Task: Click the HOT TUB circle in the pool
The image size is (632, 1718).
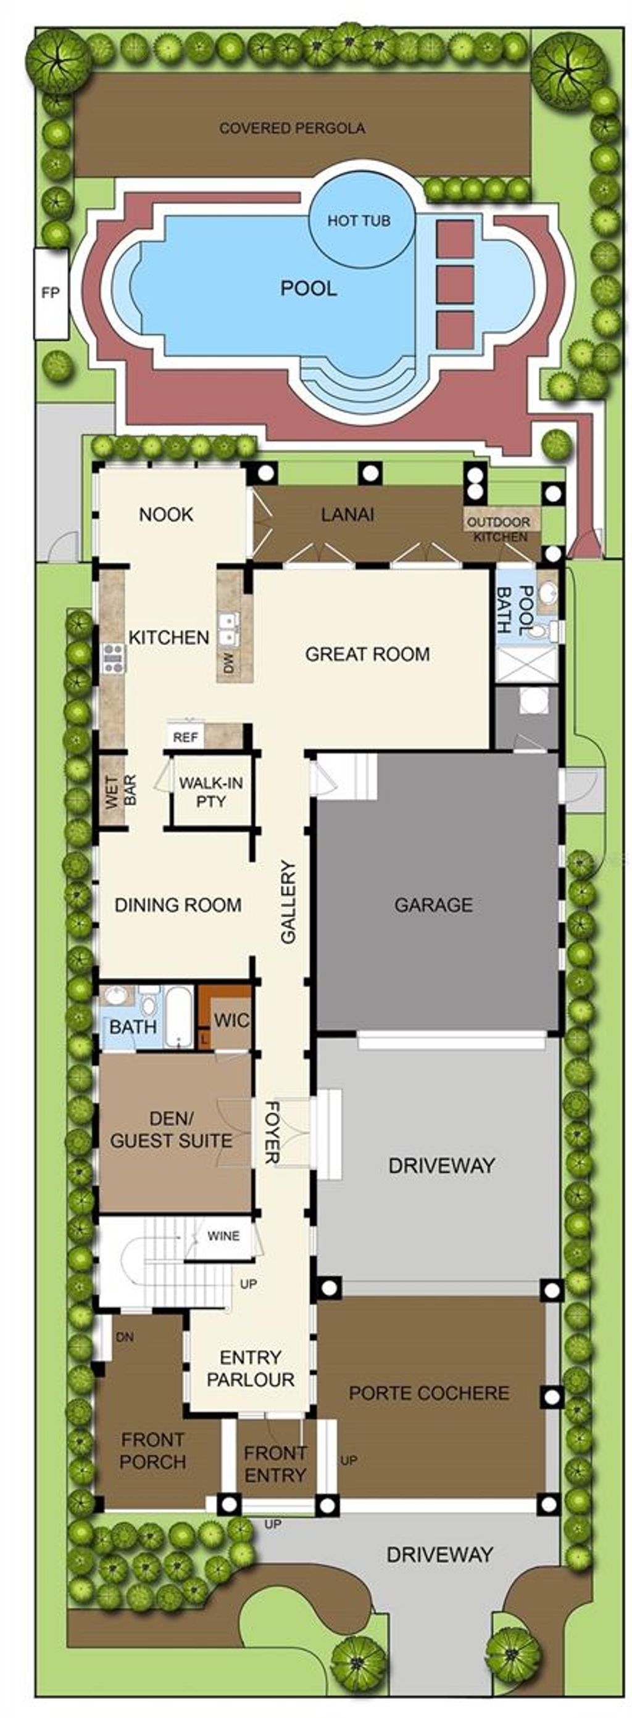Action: [359, 221]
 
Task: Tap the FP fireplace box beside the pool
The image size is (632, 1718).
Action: [51, 293]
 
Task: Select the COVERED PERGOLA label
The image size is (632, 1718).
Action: [292, 128]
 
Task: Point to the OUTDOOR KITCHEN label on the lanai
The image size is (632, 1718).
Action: [498, 530]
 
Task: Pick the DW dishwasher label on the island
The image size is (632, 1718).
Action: [229, 663]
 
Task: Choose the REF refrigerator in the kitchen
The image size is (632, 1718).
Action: [185, 737]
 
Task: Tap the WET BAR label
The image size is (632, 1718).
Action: [121, 791]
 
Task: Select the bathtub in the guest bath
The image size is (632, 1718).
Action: [178, 1017]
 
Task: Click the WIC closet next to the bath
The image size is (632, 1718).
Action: [231, 1020]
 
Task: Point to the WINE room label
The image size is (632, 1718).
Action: [223, 1236]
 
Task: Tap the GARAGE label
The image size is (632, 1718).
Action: [433, 905]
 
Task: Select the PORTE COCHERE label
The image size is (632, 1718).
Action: [428, 1392]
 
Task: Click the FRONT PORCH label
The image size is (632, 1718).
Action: [153, 1450]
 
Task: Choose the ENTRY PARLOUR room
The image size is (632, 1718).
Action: [250, 1368]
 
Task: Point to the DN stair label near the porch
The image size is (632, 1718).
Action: [125, 1336]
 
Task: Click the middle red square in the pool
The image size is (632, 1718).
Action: [455, 284]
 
